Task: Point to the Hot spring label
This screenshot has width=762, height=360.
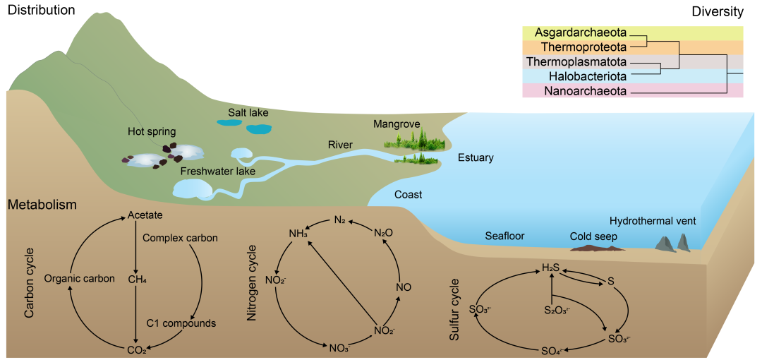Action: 152,131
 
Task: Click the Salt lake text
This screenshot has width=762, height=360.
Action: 248,112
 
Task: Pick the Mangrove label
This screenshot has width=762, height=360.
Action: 397,124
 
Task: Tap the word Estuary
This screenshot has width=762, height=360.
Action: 476,157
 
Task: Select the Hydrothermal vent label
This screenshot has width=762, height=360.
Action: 653,221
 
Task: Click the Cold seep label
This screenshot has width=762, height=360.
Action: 593,236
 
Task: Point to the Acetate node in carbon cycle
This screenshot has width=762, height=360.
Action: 145,215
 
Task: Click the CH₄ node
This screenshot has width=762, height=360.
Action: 137,279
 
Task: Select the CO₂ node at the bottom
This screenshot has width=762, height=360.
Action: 136,349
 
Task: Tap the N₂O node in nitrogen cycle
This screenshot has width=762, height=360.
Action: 383,232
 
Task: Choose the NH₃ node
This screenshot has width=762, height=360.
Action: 298,234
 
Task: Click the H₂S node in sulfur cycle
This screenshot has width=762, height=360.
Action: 550,268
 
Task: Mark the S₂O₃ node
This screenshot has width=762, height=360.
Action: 557,309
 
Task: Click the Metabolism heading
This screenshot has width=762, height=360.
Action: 42,205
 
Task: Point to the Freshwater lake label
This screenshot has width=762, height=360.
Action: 217,171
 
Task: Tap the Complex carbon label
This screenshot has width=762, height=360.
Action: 180,238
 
